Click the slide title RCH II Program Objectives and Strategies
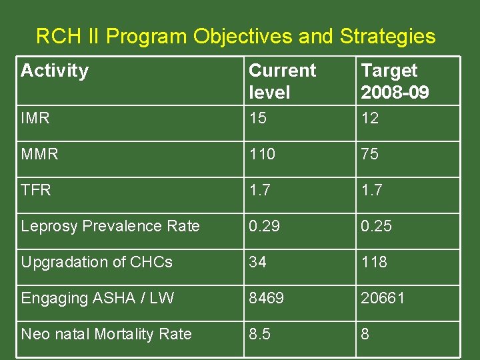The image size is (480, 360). pyautogui.click(x=235, y=36)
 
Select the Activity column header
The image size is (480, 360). pyautogui.click(x=55, y=71)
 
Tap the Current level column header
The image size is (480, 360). pyautogui.click(x=283, y=81)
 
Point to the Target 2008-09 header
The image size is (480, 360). pyautogui.click(x=395, y=81)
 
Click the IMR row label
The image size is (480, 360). pyautogui.click(x=35, y=119)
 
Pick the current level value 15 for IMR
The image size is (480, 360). pyautogui.click(x=257, y=119)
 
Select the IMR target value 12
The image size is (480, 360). pyautogui.click(x=370, y=119)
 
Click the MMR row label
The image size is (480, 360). pyautogui.click(x=39, y=155)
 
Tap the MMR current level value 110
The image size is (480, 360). pyautogui.click(x=262, y=155)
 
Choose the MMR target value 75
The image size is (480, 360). pyautogui.click(x=370, y=155)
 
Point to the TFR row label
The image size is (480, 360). pyautogui.click(x=36, y=190)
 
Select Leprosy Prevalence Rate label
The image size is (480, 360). pyautogui.click(x=110, y=226)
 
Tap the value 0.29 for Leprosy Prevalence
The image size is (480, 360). pyautogui.click(x=265, y=226)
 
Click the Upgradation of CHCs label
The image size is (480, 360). pyautogui.click(x=97, y=262)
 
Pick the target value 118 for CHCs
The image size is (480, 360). pyautogui.click(x=374, y=262)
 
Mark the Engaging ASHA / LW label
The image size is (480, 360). pyautogui.click(x=97, y=298)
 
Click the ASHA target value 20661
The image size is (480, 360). pyautogui.click(x=383, y=298)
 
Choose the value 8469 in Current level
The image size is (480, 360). pyautogui.click(x=267, y=298)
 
